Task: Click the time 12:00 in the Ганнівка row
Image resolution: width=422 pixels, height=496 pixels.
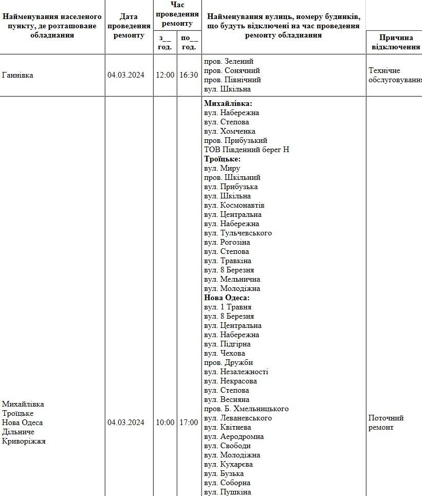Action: click(x=165, y=75)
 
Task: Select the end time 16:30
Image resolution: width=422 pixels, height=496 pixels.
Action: click(x=189, y=75)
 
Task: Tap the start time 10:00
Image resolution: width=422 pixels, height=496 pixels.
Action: click(x=165, y=422)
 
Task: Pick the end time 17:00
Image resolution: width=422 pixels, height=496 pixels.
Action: click(x=189, y=422)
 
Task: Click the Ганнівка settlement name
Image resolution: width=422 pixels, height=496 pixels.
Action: click(x=18, y=75)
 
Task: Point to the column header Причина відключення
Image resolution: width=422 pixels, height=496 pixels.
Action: click(x=393, y=42)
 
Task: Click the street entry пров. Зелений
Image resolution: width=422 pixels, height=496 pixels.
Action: click(x=229, y=61)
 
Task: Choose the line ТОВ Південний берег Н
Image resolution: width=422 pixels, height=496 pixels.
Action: click(x=247, y=150)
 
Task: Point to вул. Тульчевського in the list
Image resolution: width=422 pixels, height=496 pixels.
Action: click(x=238, y=233)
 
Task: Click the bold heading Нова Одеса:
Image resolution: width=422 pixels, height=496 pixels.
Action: click(x=227, y=298)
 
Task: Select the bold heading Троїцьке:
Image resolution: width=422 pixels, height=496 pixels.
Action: click(x=222, y=159)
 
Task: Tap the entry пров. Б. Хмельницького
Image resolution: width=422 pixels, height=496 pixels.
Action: click(x=246, y=409)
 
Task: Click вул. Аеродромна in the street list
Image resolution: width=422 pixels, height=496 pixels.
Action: click(x=234, y=436)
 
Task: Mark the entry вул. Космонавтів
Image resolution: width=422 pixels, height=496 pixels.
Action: click(x=234, y=205)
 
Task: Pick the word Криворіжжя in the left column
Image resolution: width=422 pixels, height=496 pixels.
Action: click(x=24, y=441)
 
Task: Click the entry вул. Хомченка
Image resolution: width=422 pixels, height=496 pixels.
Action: click(x=230, y=131)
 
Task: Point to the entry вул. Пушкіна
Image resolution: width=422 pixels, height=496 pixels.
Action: click(x=228, y=492)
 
